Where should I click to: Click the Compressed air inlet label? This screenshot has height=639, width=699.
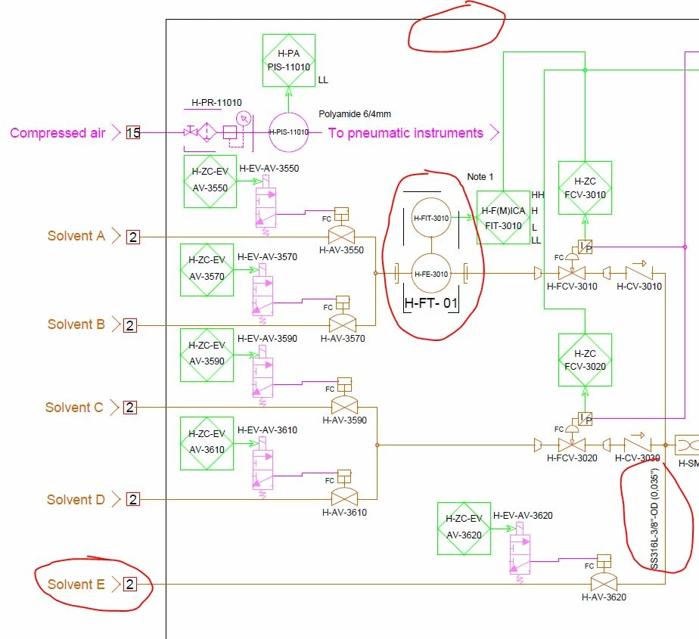pos(57,133)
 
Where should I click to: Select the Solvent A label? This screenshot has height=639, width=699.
pos(76,236)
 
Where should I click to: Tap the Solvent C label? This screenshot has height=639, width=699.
pos(74,408)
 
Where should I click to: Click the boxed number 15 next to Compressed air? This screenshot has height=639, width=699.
pos(133,133)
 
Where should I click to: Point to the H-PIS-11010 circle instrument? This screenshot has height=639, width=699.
pos(289,132)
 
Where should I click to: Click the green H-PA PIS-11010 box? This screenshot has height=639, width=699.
pos(289,60)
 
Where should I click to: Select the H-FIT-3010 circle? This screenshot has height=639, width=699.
pos(430,218)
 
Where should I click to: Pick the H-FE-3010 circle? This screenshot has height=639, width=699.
pos(430,274)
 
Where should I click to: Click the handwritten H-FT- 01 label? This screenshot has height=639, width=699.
pos(431,304)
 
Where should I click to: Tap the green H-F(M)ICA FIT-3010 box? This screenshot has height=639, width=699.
pos(502,218)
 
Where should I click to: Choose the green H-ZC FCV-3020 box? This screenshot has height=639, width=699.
pos(585,359)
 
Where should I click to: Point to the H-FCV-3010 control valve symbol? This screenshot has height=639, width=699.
pos(573,273)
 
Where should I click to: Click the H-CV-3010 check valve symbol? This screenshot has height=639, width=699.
pos(637,272)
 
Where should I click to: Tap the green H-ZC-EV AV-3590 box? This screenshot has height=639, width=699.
pos(207,355)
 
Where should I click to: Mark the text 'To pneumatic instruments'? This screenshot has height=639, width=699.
pos(405,133)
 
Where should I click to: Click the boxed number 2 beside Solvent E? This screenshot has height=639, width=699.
pos(129,584)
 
